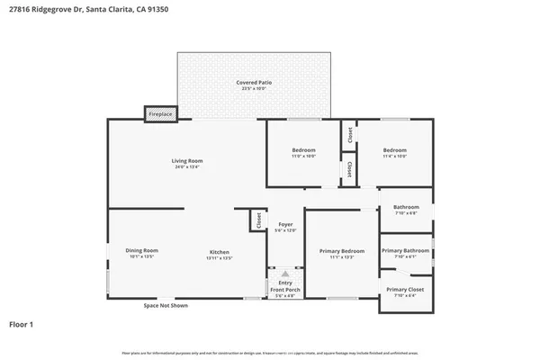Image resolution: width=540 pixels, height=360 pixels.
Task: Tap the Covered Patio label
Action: pos(254,83)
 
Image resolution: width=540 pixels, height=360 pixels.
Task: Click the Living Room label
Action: pos(187,161)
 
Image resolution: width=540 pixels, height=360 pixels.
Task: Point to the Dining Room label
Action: pos(143,250)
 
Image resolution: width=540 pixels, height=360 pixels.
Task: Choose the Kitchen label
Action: pos(220,252)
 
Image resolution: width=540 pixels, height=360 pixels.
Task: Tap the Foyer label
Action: pos(285,224)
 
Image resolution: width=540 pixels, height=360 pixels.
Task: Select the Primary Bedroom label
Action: pos(342,250)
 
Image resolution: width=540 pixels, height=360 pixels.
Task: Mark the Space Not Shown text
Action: pos(166,306)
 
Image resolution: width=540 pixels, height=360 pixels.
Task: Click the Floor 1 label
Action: pos(22,323)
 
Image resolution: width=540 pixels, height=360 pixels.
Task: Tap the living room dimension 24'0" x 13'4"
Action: pos(187,166)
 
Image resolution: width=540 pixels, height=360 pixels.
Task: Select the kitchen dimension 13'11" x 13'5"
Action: pos(220,257)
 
